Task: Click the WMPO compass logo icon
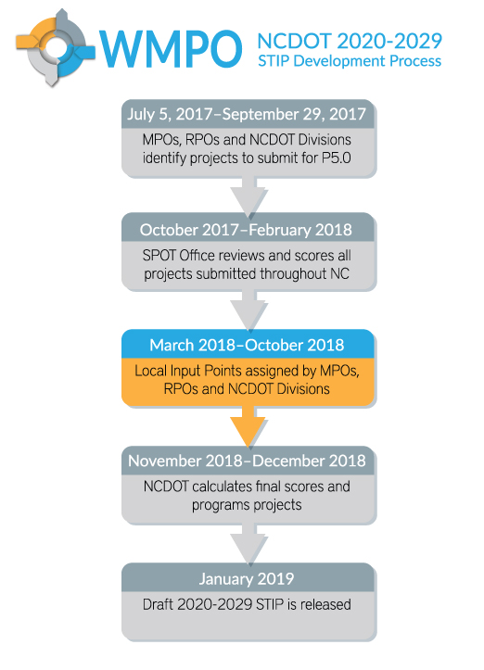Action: (55, 47)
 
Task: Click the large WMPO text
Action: (171, 49)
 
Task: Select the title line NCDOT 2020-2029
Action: (350, 41)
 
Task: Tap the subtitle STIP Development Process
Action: (350, 61)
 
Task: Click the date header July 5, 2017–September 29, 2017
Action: (247, 114)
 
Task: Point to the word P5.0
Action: (336, 158)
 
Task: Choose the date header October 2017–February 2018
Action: (246, 230)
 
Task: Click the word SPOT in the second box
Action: (159, 256)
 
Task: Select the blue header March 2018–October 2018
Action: (247, 345)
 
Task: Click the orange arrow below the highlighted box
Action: (248, 426)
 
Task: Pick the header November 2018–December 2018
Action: (247, 461)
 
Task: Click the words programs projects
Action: (247, 505)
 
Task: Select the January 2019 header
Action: (247, 578)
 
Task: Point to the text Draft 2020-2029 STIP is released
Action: (247, 604)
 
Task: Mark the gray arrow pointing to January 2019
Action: (248, 544)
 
